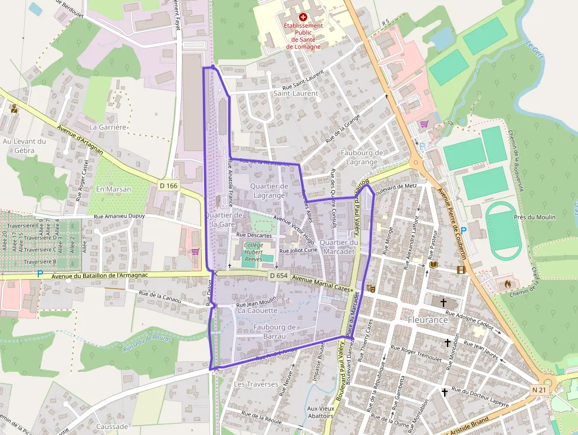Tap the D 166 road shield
(x=168, y=186)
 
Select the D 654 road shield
(x=278, y=276)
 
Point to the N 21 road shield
(x=538, y=390)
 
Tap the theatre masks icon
(x=371, y=287)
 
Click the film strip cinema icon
(x=461, y=270)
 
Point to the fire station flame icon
(x=507, y=284)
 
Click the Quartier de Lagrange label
(x=269, y=191)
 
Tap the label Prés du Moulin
(x=534, y=217)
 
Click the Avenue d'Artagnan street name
(x=80, y=139)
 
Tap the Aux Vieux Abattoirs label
(x=321, y=411)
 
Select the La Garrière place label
(x=108, y=127)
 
